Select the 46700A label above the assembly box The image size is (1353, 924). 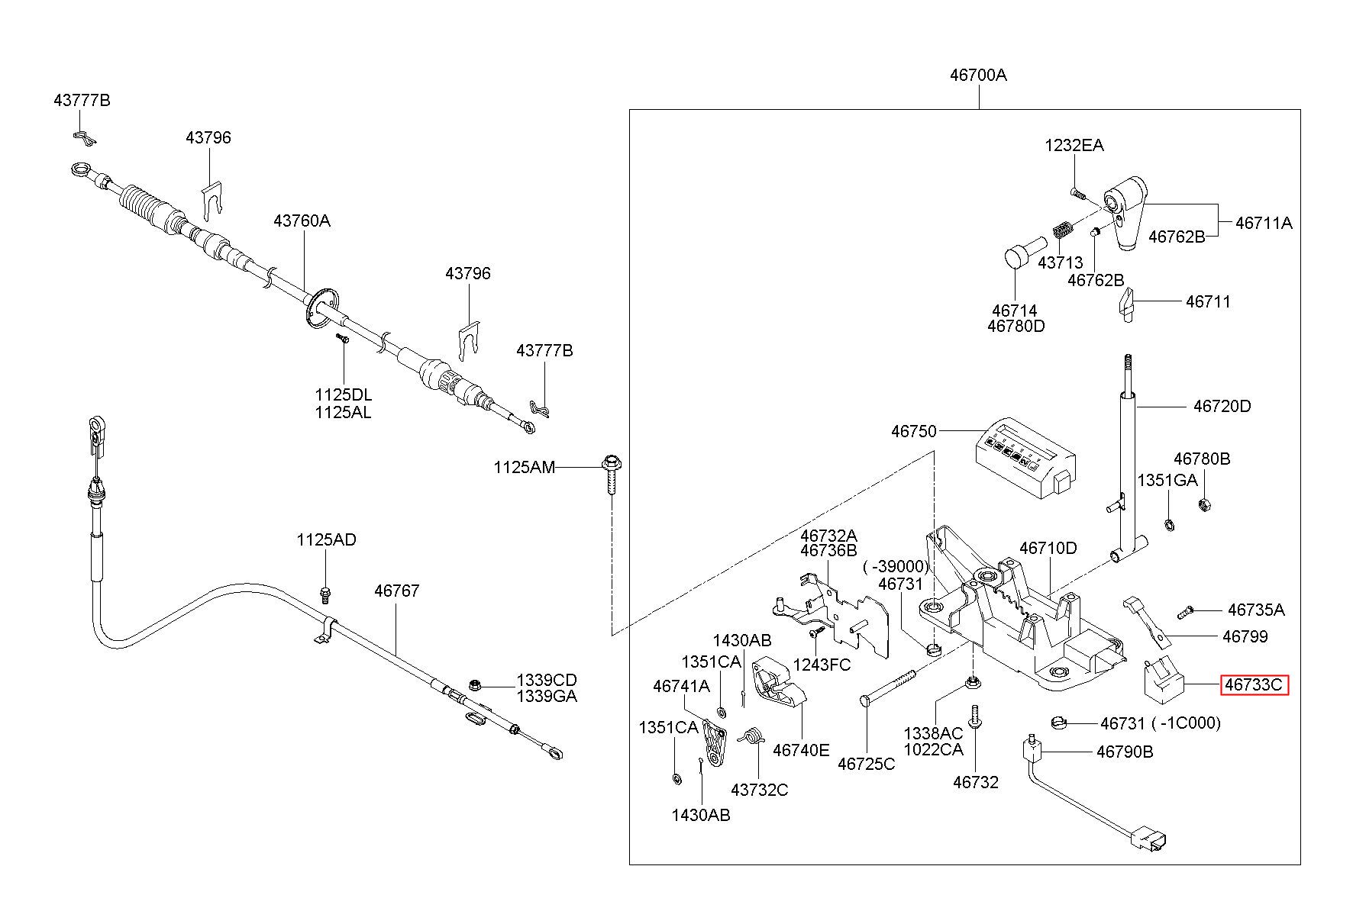[978, 75]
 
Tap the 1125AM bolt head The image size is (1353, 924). [612, 462]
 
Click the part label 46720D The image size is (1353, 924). [1222, 406]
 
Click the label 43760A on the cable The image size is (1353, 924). [302, 221]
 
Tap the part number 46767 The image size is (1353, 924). [397, 591]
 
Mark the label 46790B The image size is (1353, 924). [1125, 752]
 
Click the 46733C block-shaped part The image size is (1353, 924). [1162, 680]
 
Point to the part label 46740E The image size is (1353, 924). [801, 750]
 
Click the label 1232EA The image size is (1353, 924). [1074, 145]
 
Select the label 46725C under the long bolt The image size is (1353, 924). [866, 764]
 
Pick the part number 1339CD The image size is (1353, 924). [547, 680]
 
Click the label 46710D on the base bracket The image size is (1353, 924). [1048, 548]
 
